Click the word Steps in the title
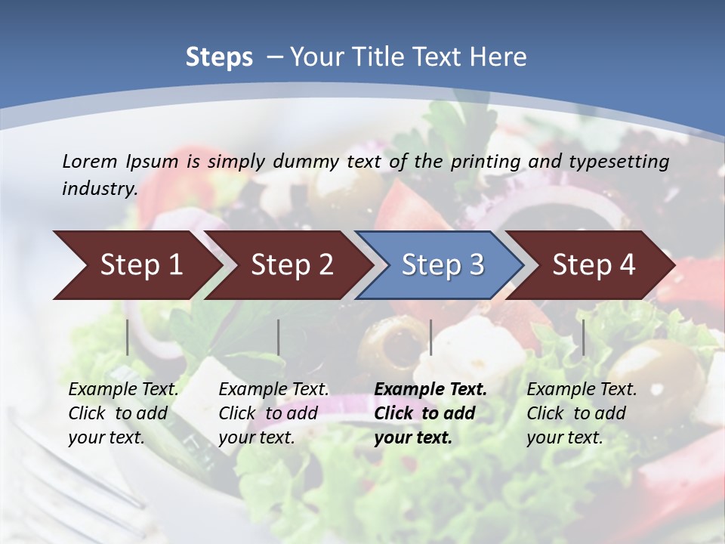click(219, 57)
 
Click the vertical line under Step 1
click(128, 337)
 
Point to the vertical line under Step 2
click(279, 337)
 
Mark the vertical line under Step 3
click(430, 337)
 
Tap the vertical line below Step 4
click(583, 337)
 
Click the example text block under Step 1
click(124, 413)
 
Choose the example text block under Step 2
click(274, 413)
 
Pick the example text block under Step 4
click(582, 413)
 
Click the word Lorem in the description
click(89, 161)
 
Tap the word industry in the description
click(100, 188)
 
